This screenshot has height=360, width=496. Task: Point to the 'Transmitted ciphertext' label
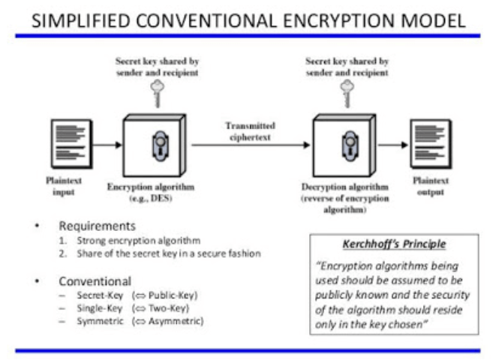point(250,131)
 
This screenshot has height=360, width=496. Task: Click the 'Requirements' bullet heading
point(97,225)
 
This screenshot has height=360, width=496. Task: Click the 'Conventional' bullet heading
point(96,282)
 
